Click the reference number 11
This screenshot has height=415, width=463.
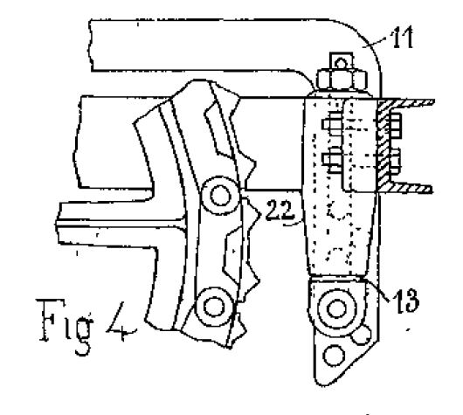[402, 38]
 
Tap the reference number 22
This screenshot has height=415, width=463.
[280, 210]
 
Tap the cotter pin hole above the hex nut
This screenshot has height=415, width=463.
[342, 63]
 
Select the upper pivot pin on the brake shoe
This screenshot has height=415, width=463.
[220, 196]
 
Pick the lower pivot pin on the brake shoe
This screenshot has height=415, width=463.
[214, 307]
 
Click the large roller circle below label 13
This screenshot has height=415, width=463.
[336, 308]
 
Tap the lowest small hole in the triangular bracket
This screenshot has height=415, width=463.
[334, 356]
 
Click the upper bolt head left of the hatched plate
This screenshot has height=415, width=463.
[332, 124]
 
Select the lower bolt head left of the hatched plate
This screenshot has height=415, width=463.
[332, 160]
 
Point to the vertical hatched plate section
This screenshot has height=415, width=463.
[384, 145]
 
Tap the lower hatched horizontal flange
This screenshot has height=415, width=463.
[411, 188]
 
